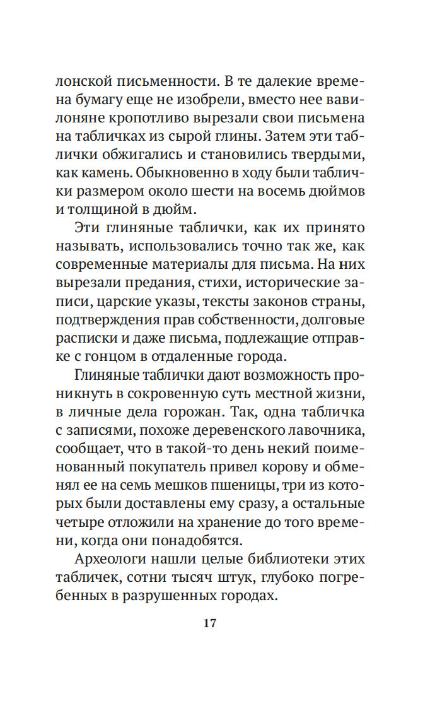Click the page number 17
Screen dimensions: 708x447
coord(210,623)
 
